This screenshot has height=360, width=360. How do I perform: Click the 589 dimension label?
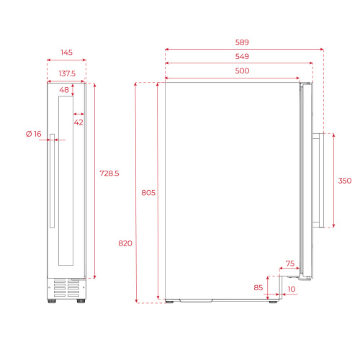(x=242, y=42)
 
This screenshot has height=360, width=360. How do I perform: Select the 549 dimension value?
(x=242, y=56)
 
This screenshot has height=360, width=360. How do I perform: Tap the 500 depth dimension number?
(x=242, y=71)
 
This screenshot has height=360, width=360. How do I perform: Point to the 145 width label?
(x=66, y=53)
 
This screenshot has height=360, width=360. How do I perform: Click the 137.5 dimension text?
(x=67, y=73)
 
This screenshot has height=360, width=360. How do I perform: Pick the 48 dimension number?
(x=64, y=90)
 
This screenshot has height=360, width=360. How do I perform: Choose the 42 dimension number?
(x=78, y=122)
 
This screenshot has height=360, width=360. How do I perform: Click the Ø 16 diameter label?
(x=34, y=134)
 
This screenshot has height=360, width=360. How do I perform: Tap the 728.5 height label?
(x=109, y=174)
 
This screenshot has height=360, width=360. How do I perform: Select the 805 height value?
(x=148, y=193)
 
